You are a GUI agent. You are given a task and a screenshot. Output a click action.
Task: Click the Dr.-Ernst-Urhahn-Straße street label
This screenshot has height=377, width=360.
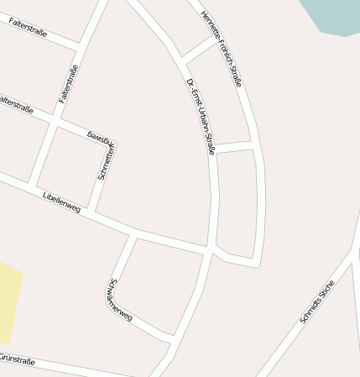[x=200, y=116]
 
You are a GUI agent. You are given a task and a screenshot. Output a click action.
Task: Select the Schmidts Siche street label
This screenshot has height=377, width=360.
[x=317, y=301]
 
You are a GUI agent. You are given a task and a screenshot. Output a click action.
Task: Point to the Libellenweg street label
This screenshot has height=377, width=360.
[x=60, y=202]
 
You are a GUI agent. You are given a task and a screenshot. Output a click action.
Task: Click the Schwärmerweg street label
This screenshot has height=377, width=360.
[x=121, y=301]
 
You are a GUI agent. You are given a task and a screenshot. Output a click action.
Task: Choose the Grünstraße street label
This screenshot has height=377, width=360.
[x=16, y=360]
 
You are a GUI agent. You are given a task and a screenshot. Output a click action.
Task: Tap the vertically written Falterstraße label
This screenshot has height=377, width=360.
[x=69, y=84]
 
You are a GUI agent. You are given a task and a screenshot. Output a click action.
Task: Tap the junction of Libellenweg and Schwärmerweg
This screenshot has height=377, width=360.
[x=134, y=233]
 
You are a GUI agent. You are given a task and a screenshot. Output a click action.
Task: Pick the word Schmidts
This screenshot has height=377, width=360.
[x=310, y=312]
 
